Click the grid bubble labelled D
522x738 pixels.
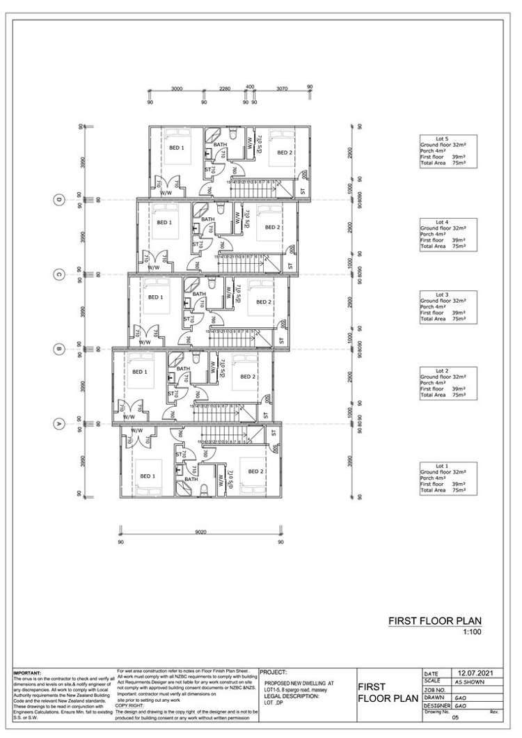(59, 200)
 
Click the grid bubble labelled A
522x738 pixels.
(59, 422)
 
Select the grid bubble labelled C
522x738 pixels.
(59, 274)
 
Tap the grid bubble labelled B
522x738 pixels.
(59, 348)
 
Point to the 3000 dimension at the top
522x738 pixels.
(177, 88)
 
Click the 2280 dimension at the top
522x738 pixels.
(224, 88)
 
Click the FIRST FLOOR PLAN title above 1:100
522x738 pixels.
(435, 621)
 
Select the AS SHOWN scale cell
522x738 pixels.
(470, 682)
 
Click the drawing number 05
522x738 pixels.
(457, 716)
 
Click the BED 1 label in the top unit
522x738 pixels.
(177, 148)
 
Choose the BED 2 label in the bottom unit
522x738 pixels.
(253, 471)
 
